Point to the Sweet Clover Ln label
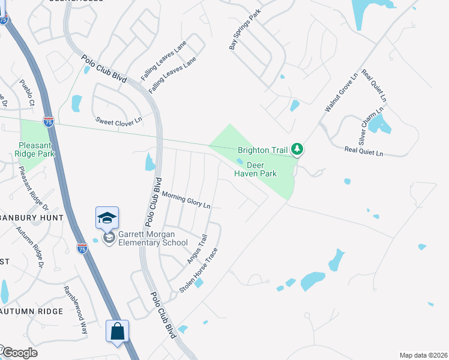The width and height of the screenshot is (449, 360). point(119,120)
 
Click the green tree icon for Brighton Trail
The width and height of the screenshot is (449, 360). point(297,149)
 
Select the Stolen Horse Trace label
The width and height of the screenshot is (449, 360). point(197,271)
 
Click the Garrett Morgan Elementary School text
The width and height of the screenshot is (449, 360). point(148,238)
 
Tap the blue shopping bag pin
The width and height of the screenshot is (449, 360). point(117,331)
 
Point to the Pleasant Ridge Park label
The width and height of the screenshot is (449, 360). point(37,149)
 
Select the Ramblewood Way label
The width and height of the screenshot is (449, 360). point(76,310)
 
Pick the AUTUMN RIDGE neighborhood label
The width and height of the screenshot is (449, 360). point(32,311)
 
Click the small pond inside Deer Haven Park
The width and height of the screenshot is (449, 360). point(240,161)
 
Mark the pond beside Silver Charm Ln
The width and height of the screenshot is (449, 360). point(379,125)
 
